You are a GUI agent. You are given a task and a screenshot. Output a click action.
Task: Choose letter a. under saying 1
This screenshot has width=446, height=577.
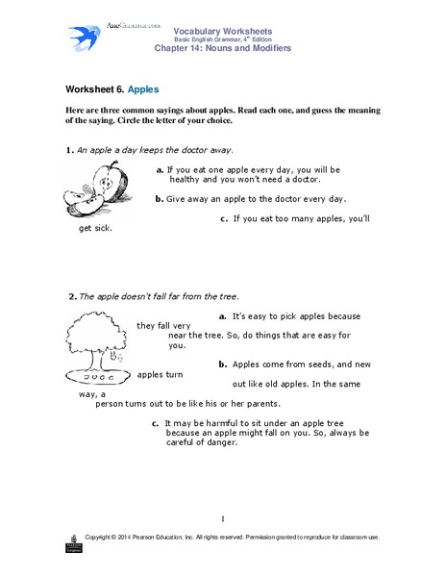click(x=159, y=167)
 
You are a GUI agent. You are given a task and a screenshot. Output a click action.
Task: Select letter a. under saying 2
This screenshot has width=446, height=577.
click(x=222, y=314)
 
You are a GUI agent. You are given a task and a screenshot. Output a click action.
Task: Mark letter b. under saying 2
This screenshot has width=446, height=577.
click(x=222, y=364)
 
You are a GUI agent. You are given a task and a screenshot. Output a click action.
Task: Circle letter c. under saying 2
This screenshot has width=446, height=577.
click(x=156, y=421)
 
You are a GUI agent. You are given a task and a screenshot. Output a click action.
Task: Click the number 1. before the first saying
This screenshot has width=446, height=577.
click(x=69, y=150)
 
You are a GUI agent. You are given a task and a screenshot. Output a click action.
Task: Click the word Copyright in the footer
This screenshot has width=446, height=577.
click(x=104, y=536)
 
